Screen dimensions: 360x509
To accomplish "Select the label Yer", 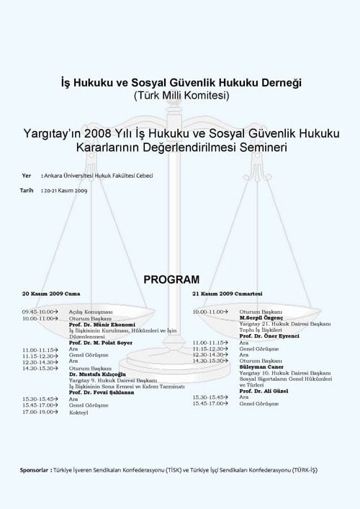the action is [x=27, y=176].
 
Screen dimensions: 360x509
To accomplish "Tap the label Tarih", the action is [x=27, y=190].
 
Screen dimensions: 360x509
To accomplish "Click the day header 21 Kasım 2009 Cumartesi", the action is [x=228, y=294].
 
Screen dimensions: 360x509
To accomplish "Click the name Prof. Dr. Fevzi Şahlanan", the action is [x=102, y=392].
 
